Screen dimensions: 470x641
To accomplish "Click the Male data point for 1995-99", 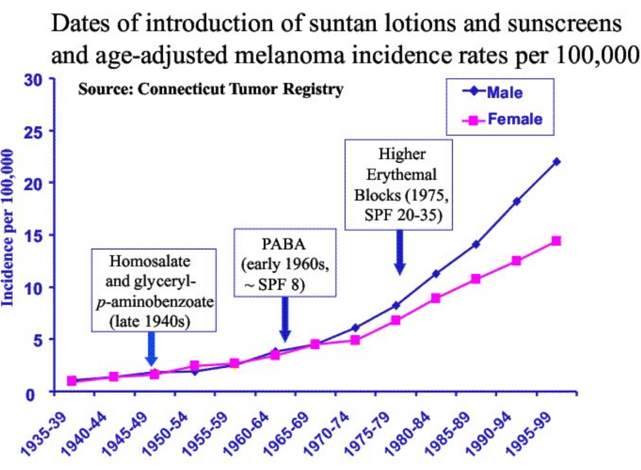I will [x=556, y=162].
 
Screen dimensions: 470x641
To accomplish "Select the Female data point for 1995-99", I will [x=556, y=241].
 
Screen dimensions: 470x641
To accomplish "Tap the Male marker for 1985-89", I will [x=476, y=245].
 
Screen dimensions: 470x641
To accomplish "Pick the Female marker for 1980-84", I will [x=436, y=298].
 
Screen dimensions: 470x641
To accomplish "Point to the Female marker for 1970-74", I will [x=355, y=340].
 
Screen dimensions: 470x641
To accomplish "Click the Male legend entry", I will [x=503, y=93].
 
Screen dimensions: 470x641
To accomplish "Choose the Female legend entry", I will [x=503, y=119].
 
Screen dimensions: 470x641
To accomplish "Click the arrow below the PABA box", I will [x=285, y=319].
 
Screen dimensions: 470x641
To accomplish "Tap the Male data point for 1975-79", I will [x=395, y=306].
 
